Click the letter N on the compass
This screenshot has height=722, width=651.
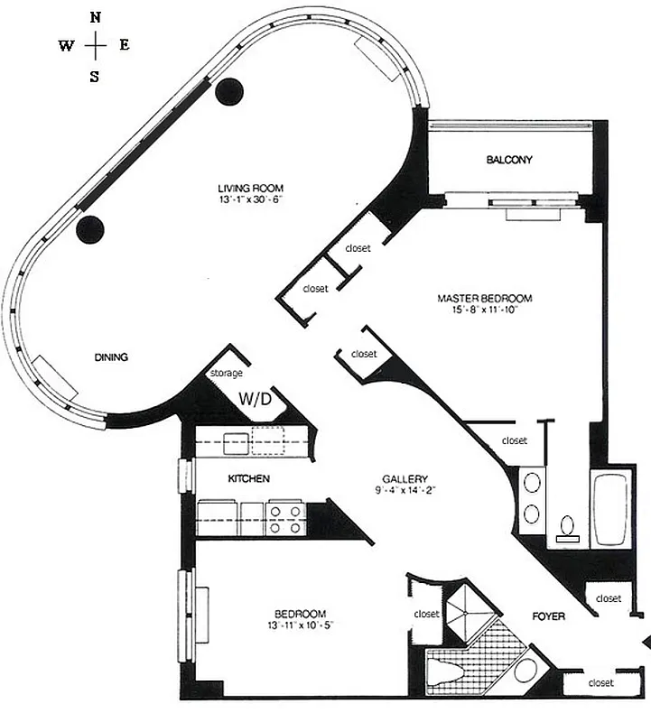click(x=96, y=15)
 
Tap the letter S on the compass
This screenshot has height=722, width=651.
click(x=95, y=77)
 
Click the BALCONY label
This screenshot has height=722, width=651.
click(x=509, y=161)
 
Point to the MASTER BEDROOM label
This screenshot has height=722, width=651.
click(x=484, y=298)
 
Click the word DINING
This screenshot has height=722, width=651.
click(x=111, y=357)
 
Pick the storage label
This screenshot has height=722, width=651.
click(x=227, y=373)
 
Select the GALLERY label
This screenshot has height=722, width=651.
click(x=404, y=479)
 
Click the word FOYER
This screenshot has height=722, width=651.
click(x=548, y=617)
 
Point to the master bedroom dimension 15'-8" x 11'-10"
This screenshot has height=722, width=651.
click(x=484, y=310)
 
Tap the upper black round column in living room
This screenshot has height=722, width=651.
click(x=230, y=90)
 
